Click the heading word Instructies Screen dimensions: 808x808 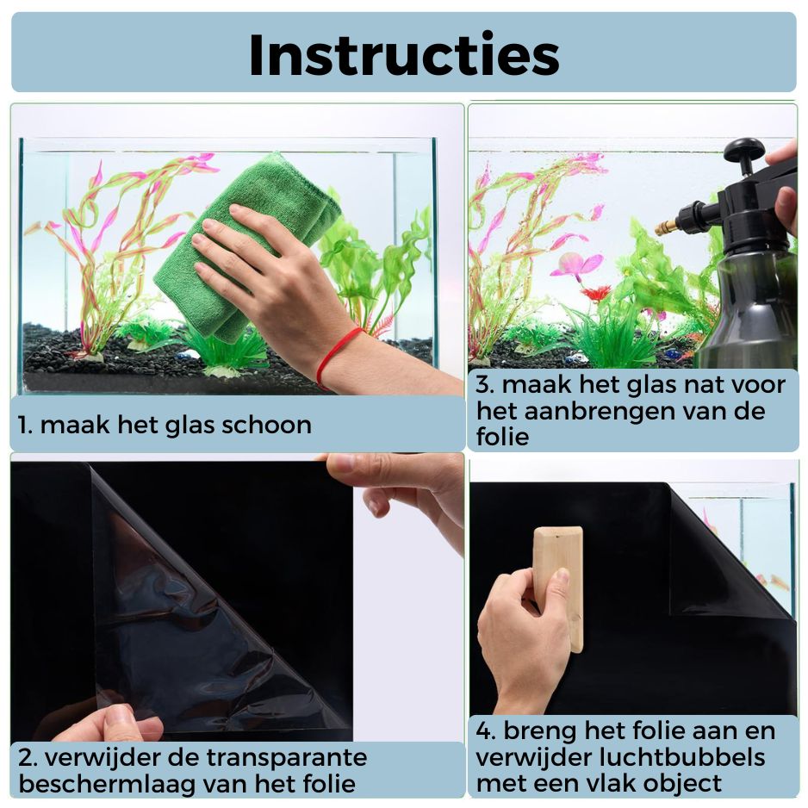[x=403, y=54]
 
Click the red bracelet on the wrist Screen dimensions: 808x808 [x=338, y=353]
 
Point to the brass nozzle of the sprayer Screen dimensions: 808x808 [x=666, y=227]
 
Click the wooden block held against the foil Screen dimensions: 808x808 [x=558, y=586]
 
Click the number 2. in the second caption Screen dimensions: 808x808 [x=28, y=758]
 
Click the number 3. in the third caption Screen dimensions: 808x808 [x=485, y=384]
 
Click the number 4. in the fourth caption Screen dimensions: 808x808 [x=487, y=731]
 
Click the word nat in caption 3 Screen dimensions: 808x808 [x=702, y=384]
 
